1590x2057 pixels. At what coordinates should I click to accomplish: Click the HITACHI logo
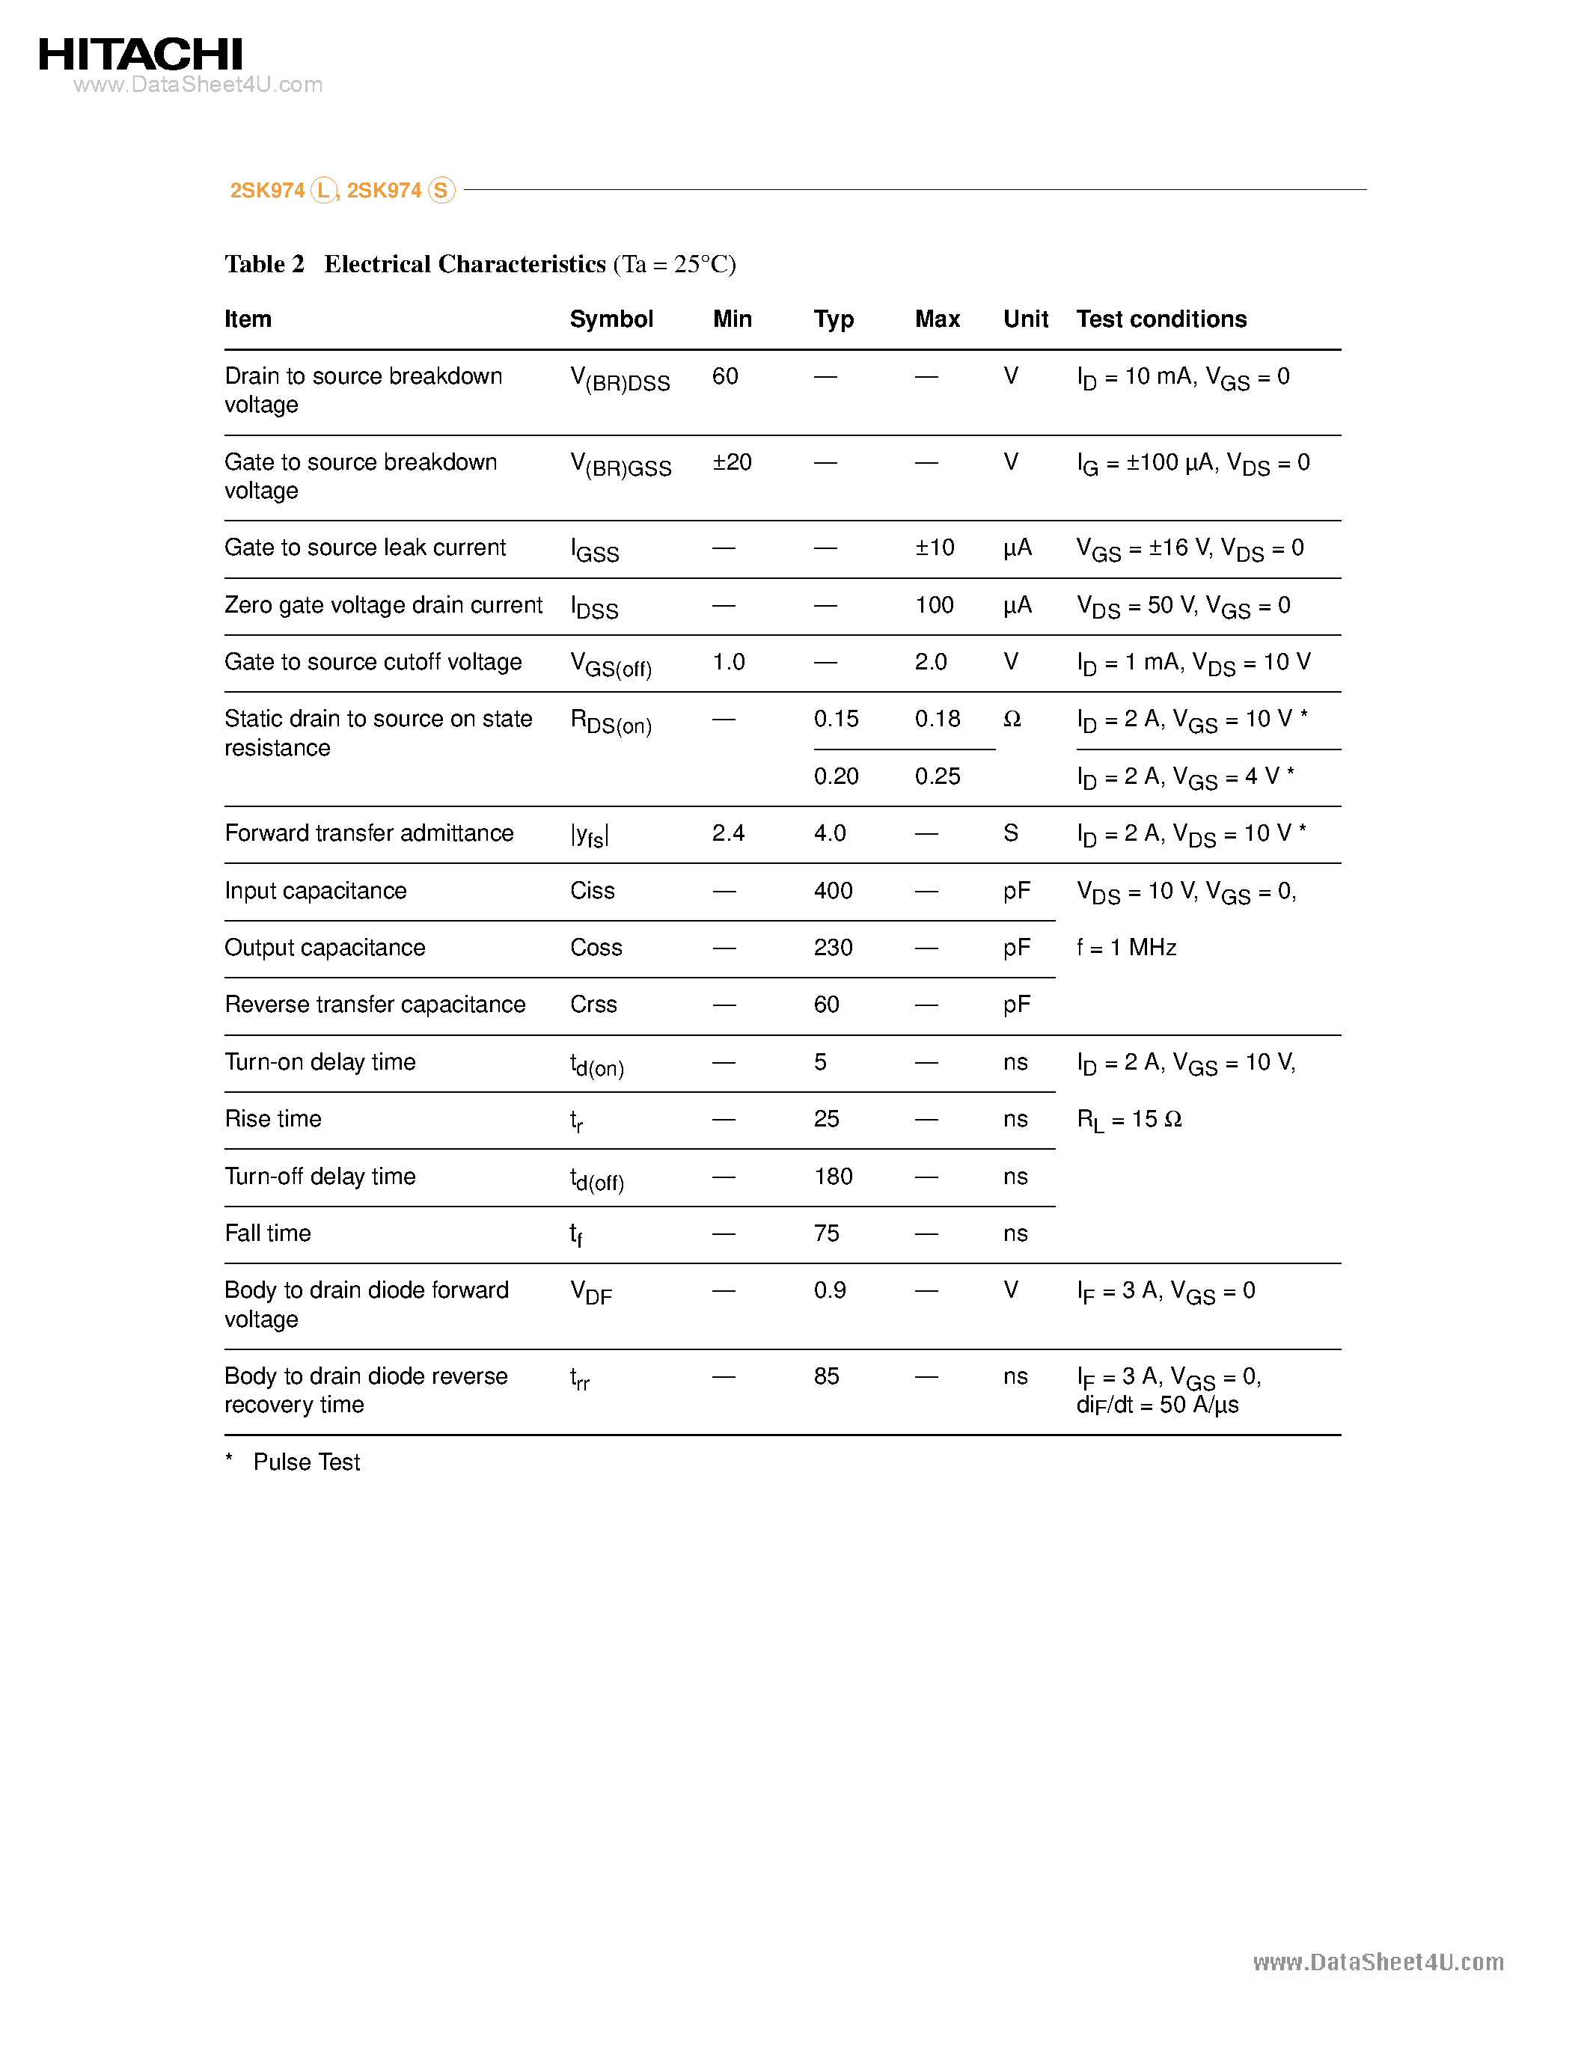[141, 55]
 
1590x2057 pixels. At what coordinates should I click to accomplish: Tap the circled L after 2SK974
[323, 190]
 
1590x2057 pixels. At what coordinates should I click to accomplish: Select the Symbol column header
[611, 319]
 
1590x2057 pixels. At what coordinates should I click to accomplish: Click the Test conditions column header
[1161, 319]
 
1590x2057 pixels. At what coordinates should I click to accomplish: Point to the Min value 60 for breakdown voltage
[724, 377]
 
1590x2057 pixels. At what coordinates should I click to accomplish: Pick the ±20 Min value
[732, 462]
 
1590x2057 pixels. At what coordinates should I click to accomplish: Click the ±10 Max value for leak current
[935, 548]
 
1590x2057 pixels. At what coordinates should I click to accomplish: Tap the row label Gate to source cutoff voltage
[373, 662]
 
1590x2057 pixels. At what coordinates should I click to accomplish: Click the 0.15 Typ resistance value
[836, 720]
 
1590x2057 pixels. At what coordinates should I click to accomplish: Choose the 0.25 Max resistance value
[938, 777]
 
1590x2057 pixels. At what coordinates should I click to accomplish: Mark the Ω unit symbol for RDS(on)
[1012, 720]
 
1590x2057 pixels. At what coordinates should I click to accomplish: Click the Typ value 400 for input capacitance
[833, 891]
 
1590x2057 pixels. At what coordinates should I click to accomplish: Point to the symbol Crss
[593, 1005]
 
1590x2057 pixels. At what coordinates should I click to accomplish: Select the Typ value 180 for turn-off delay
[833, 1177]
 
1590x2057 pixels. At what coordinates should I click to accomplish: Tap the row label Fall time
[268, 1233]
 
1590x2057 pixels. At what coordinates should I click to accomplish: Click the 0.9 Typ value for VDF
[829, 1290]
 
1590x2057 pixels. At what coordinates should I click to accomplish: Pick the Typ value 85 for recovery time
[826, 1376]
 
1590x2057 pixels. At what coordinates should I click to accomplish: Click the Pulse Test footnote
[306, 1462]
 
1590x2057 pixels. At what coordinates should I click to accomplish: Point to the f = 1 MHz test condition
[1127, 948]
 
